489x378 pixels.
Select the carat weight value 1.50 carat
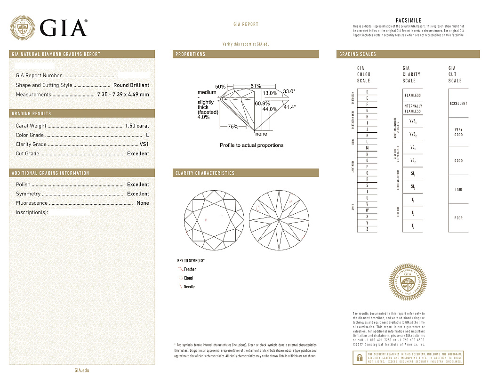pyautogui.click(x=136, y=126)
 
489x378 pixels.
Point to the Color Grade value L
pyautogui.click(x=147, y=135)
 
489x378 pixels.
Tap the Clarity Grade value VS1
pyautogui.click(x=144, y=145)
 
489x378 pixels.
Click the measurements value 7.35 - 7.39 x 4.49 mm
pyautogui.click(x=123, y=95)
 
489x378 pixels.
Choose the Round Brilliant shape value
pyautogui.click(x=131, y=85)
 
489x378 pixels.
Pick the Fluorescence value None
pyautogui.click(x=143, y=203)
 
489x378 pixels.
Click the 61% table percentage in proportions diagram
pyautogui.click(x=256, y=86)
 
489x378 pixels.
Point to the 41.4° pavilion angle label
pyautogui.click(x=289, y=107)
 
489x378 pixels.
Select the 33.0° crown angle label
pyautogui.click(x=289, y=91)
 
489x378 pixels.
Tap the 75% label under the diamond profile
pyautogui.click(x=232, y=127)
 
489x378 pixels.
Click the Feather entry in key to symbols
pyautogui.click(x=190, y=269)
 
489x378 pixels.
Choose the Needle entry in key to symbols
pyautogui.click(x=189, y=287)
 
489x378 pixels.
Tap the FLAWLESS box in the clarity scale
pyautogui.click(x=413, y=95)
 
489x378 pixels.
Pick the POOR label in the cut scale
pyautogui.click(x=458, y=218)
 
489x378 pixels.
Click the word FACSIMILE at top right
pyautogui.click(x=408, y=21)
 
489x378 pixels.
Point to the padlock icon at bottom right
pyautogui.click(x=358, y=358)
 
